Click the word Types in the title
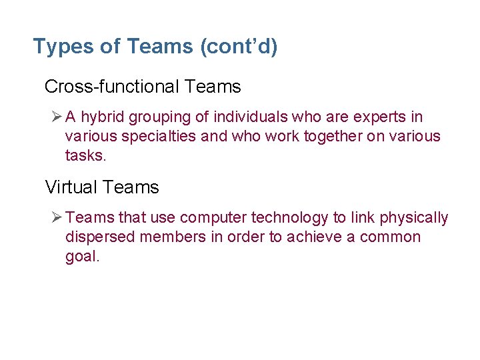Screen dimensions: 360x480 pos(59,47)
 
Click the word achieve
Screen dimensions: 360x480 pos(313,237)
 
